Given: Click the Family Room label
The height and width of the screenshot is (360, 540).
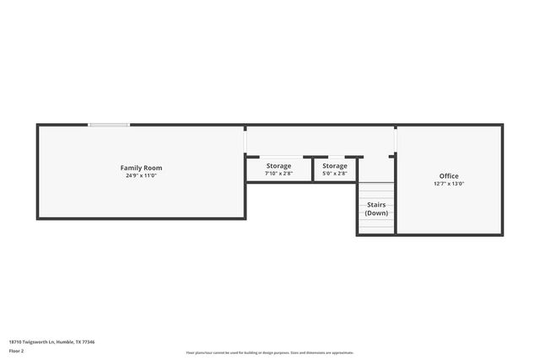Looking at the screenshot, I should tap(141, 168).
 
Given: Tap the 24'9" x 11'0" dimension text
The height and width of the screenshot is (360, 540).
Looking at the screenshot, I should tap(141, 175).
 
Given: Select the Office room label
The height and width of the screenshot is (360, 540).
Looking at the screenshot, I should tap(449, 176).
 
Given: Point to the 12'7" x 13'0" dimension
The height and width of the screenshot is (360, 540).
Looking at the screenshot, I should tap(449, 184).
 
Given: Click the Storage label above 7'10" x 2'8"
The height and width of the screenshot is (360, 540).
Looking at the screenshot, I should tap(278, 166).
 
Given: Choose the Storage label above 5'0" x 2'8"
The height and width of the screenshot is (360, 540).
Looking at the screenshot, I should tap(334, 166).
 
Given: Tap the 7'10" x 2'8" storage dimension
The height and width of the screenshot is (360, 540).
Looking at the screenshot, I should tap(278, 174).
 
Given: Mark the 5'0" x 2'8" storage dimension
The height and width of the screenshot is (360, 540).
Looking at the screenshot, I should tap(334, 174).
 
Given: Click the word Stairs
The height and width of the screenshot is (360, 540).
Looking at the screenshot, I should tap(376, 205).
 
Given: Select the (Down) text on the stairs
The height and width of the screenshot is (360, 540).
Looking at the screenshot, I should tap(376, 213).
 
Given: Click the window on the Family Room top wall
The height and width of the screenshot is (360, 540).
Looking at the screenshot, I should tap(109, 126).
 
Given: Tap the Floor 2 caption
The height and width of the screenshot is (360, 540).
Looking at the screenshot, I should tap(18, 351).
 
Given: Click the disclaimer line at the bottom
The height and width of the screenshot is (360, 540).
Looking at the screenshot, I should tap(270, 352).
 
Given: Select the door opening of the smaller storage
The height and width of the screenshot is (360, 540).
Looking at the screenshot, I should tap(336, 157).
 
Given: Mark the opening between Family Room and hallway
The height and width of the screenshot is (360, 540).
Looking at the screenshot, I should tap(246, 142).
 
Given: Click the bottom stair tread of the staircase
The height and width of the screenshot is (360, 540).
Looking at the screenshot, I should tap(376, 230).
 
